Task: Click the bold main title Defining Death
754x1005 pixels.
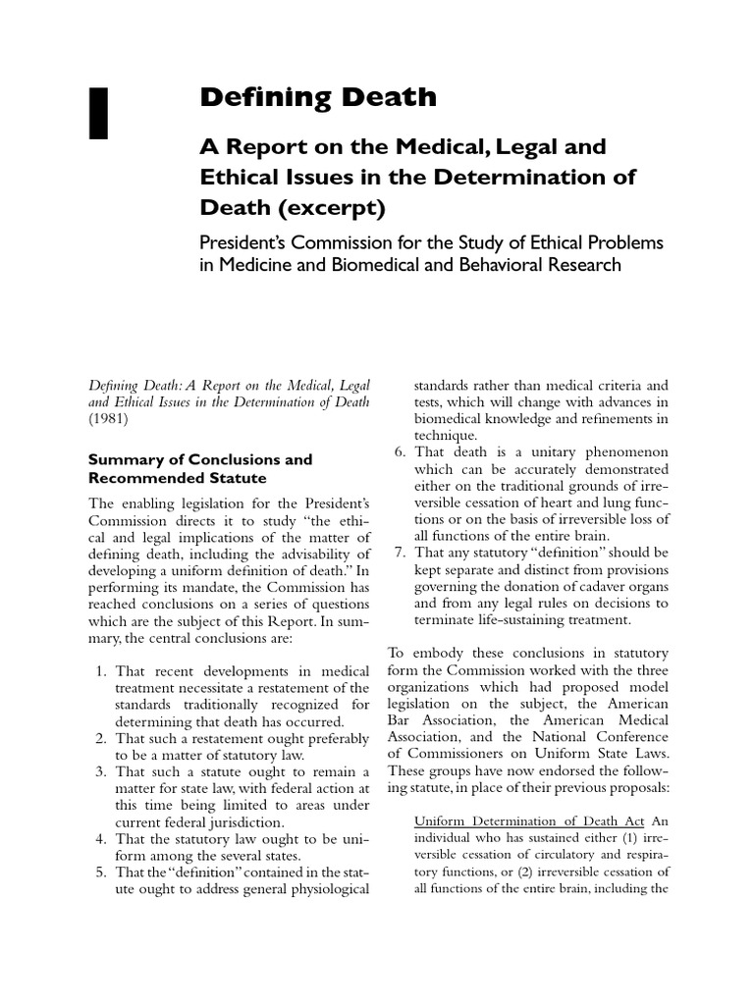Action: tap(318, 96)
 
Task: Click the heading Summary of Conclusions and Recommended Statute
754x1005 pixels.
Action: tap(200, 468)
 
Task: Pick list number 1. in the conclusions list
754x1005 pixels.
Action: tap(101, 671)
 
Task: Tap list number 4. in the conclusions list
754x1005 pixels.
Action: tap(101, 840)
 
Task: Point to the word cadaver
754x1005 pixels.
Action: tap(590, 587)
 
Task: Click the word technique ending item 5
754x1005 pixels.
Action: tap(445, 436)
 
